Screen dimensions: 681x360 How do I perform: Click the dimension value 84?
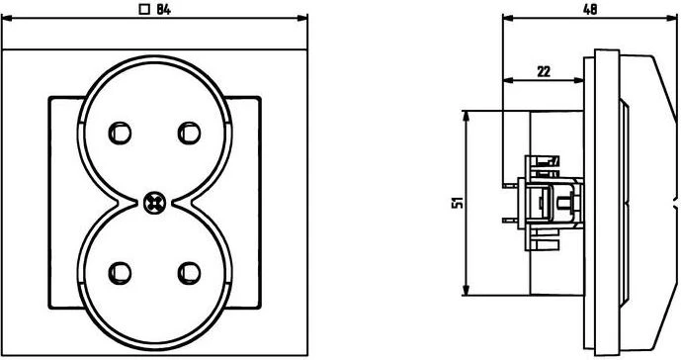point(163,9)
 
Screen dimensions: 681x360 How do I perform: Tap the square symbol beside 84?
point(143,9)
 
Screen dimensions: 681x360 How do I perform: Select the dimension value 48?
point(589,9)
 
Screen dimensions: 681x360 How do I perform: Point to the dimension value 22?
point(544,71)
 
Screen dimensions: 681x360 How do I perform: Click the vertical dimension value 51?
point(458,203)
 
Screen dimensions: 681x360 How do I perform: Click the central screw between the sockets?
point(154,203)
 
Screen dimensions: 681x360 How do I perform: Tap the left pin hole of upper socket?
point(120,134)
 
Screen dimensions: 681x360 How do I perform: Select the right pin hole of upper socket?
point(190,134)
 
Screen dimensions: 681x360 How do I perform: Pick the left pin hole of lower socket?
point(120,273)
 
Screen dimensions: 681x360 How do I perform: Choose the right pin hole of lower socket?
point(190,273)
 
